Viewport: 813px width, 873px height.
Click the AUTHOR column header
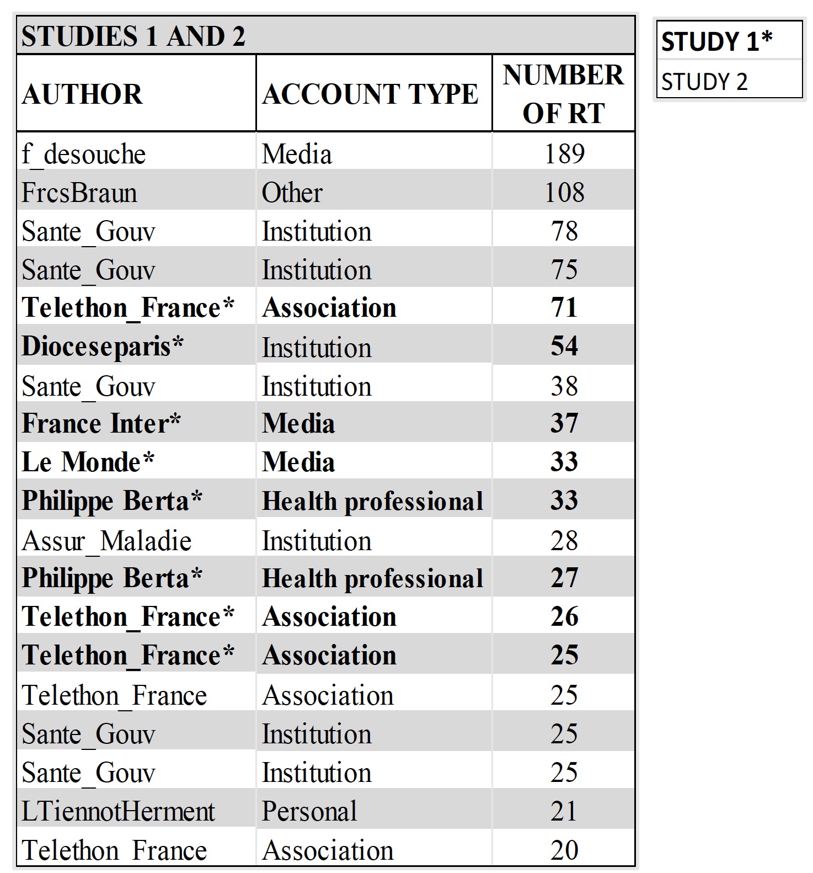pyautogui.click(x=82, y=94)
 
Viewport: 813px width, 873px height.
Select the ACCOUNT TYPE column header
pyautogui.click(x=370, y=94)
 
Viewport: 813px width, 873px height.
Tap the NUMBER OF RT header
pyautogui.click(x=563, y=94)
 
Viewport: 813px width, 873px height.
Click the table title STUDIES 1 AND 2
pyautogui.click(x=133, y=36)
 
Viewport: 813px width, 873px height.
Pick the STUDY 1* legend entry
pyautogui.click(x=716, y=41)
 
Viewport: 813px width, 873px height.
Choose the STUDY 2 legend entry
pyautogui.click(x=704, y=82)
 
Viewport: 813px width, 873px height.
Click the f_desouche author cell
pyautogui.click(x=84, y=154)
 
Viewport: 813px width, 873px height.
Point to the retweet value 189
pyautogui.click(x=564, y=153)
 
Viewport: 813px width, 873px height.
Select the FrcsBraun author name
pyautogui.click(x=79, y=193)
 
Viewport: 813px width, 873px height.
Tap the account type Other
pyautogui.click(x=292, y=193)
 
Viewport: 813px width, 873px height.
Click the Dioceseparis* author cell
pyautogui.click(x=103, y=347)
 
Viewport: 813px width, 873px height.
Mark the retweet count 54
pyautogui.click(x=564, y=346)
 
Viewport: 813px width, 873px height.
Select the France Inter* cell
pyautogui.click(x=101, y=423)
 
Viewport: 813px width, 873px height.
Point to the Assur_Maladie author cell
pyautogui.click(x=107, y=540)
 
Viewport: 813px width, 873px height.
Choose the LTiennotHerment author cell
pyautogui.click(x=118, y=811)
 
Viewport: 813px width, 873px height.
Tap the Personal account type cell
pyautogui.click(x=309, y=811)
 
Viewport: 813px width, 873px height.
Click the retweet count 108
pyautogui.click(x=564, y=192)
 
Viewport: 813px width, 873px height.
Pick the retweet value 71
pyautogui.click(x=564, y=307)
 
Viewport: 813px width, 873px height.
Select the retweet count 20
pyautogui.click(x=564, y=850)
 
